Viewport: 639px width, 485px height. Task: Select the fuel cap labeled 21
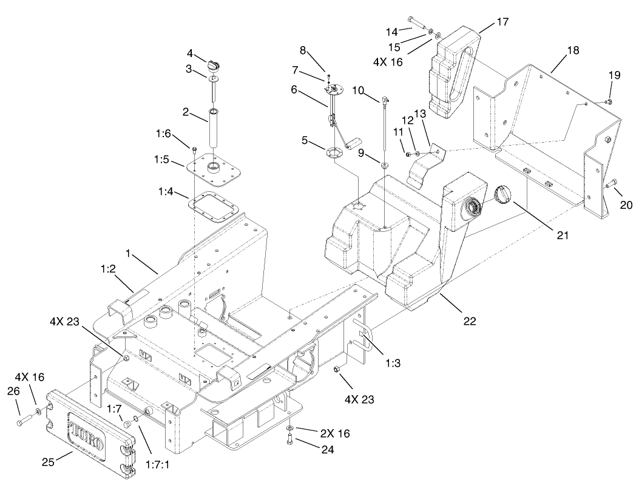502,197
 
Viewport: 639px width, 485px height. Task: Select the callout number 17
501,22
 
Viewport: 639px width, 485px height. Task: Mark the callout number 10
358,90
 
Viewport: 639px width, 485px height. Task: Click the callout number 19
614,75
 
